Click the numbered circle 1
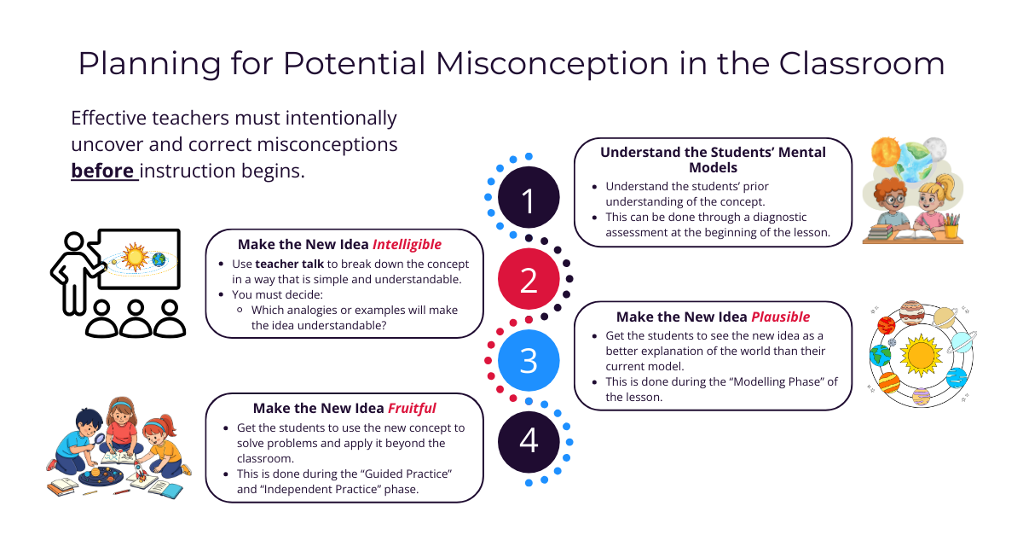tap(529, 198)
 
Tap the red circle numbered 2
tap(529, 279)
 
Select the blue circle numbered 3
tap(529, 359)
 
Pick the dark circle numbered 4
tap(529, 440)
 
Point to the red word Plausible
tap(780, 317)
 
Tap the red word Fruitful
tap(412, 409)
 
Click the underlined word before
tap(103, 171)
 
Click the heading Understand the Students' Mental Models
tap(713, 160)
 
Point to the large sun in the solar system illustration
tap(921, 351)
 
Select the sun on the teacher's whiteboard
tap(135, 254)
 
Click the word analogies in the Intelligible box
tap(321, 310)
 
